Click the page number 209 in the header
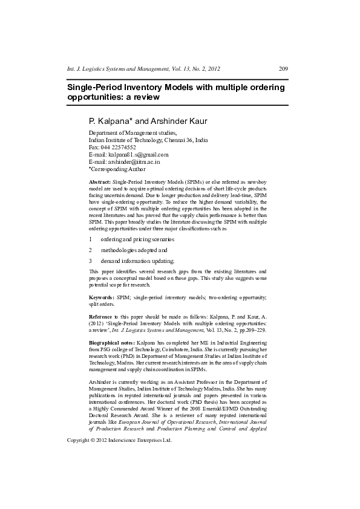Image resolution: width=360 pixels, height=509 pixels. (283, 68)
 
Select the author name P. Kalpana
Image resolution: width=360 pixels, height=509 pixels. (110, 121)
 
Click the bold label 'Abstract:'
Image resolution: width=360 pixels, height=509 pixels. (100, 182)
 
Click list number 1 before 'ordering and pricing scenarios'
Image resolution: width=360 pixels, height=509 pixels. (90, 239)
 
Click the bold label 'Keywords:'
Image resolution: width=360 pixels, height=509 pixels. (102, 298)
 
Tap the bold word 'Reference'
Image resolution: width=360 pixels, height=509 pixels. (100, 316)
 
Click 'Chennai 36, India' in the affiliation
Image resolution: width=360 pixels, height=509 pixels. (186, 140)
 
